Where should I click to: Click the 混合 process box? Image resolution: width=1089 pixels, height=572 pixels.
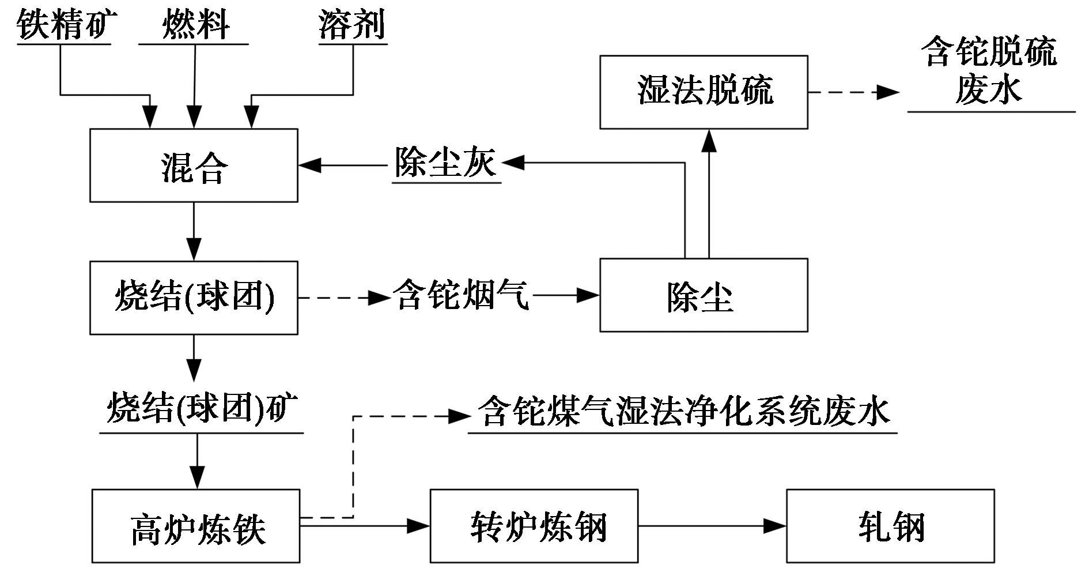[x=194, y=165]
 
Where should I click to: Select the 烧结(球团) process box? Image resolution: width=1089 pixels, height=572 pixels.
[x=194, y=298]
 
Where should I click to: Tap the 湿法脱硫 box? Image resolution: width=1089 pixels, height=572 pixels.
[x=704, y=92]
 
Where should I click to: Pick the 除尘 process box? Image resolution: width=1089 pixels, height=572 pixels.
[x=704, y=295]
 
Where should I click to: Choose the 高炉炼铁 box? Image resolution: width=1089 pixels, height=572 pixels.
[x=196, y=526]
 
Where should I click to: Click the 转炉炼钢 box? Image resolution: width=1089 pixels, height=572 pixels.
[x=534, y=526]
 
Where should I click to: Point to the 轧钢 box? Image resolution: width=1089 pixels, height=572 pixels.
[x=890, y=526]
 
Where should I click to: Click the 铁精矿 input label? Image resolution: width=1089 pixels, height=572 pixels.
[x=63, y=25]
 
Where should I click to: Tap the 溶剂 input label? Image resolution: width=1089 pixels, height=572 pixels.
[x=352, y=25]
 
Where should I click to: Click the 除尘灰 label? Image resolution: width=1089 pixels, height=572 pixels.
[x=445, y=163]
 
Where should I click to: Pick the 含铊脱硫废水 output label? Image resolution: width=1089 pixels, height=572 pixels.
[x=990, y=71]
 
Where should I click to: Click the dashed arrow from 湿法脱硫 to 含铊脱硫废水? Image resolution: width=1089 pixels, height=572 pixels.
[x=853, y=92]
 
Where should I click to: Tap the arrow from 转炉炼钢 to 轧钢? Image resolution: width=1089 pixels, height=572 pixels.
[x=712, y=526]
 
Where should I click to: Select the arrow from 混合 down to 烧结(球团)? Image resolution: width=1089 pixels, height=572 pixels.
[x=194, y=231]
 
